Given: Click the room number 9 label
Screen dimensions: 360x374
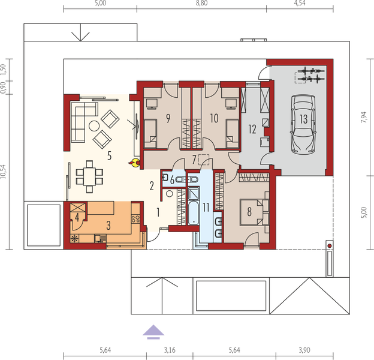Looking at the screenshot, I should click(168, 118).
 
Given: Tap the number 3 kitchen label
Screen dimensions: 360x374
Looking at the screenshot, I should click(108, 225).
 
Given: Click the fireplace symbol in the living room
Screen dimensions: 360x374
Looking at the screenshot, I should click(136, 161).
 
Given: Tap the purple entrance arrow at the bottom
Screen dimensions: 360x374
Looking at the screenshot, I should click(154, 329).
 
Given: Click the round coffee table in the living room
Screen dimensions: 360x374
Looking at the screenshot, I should click(95, 126).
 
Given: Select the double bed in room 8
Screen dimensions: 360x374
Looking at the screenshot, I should click(255, 211).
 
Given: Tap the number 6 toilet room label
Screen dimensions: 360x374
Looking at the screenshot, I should click(173, 179).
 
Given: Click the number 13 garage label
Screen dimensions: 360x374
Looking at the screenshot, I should click(304, 119).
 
